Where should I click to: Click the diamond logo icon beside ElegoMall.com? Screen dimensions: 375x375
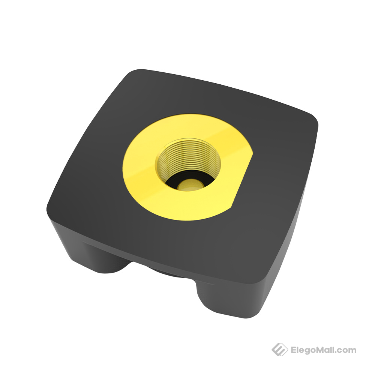279,349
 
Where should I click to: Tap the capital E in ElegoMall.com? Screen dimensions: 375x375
294,350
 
